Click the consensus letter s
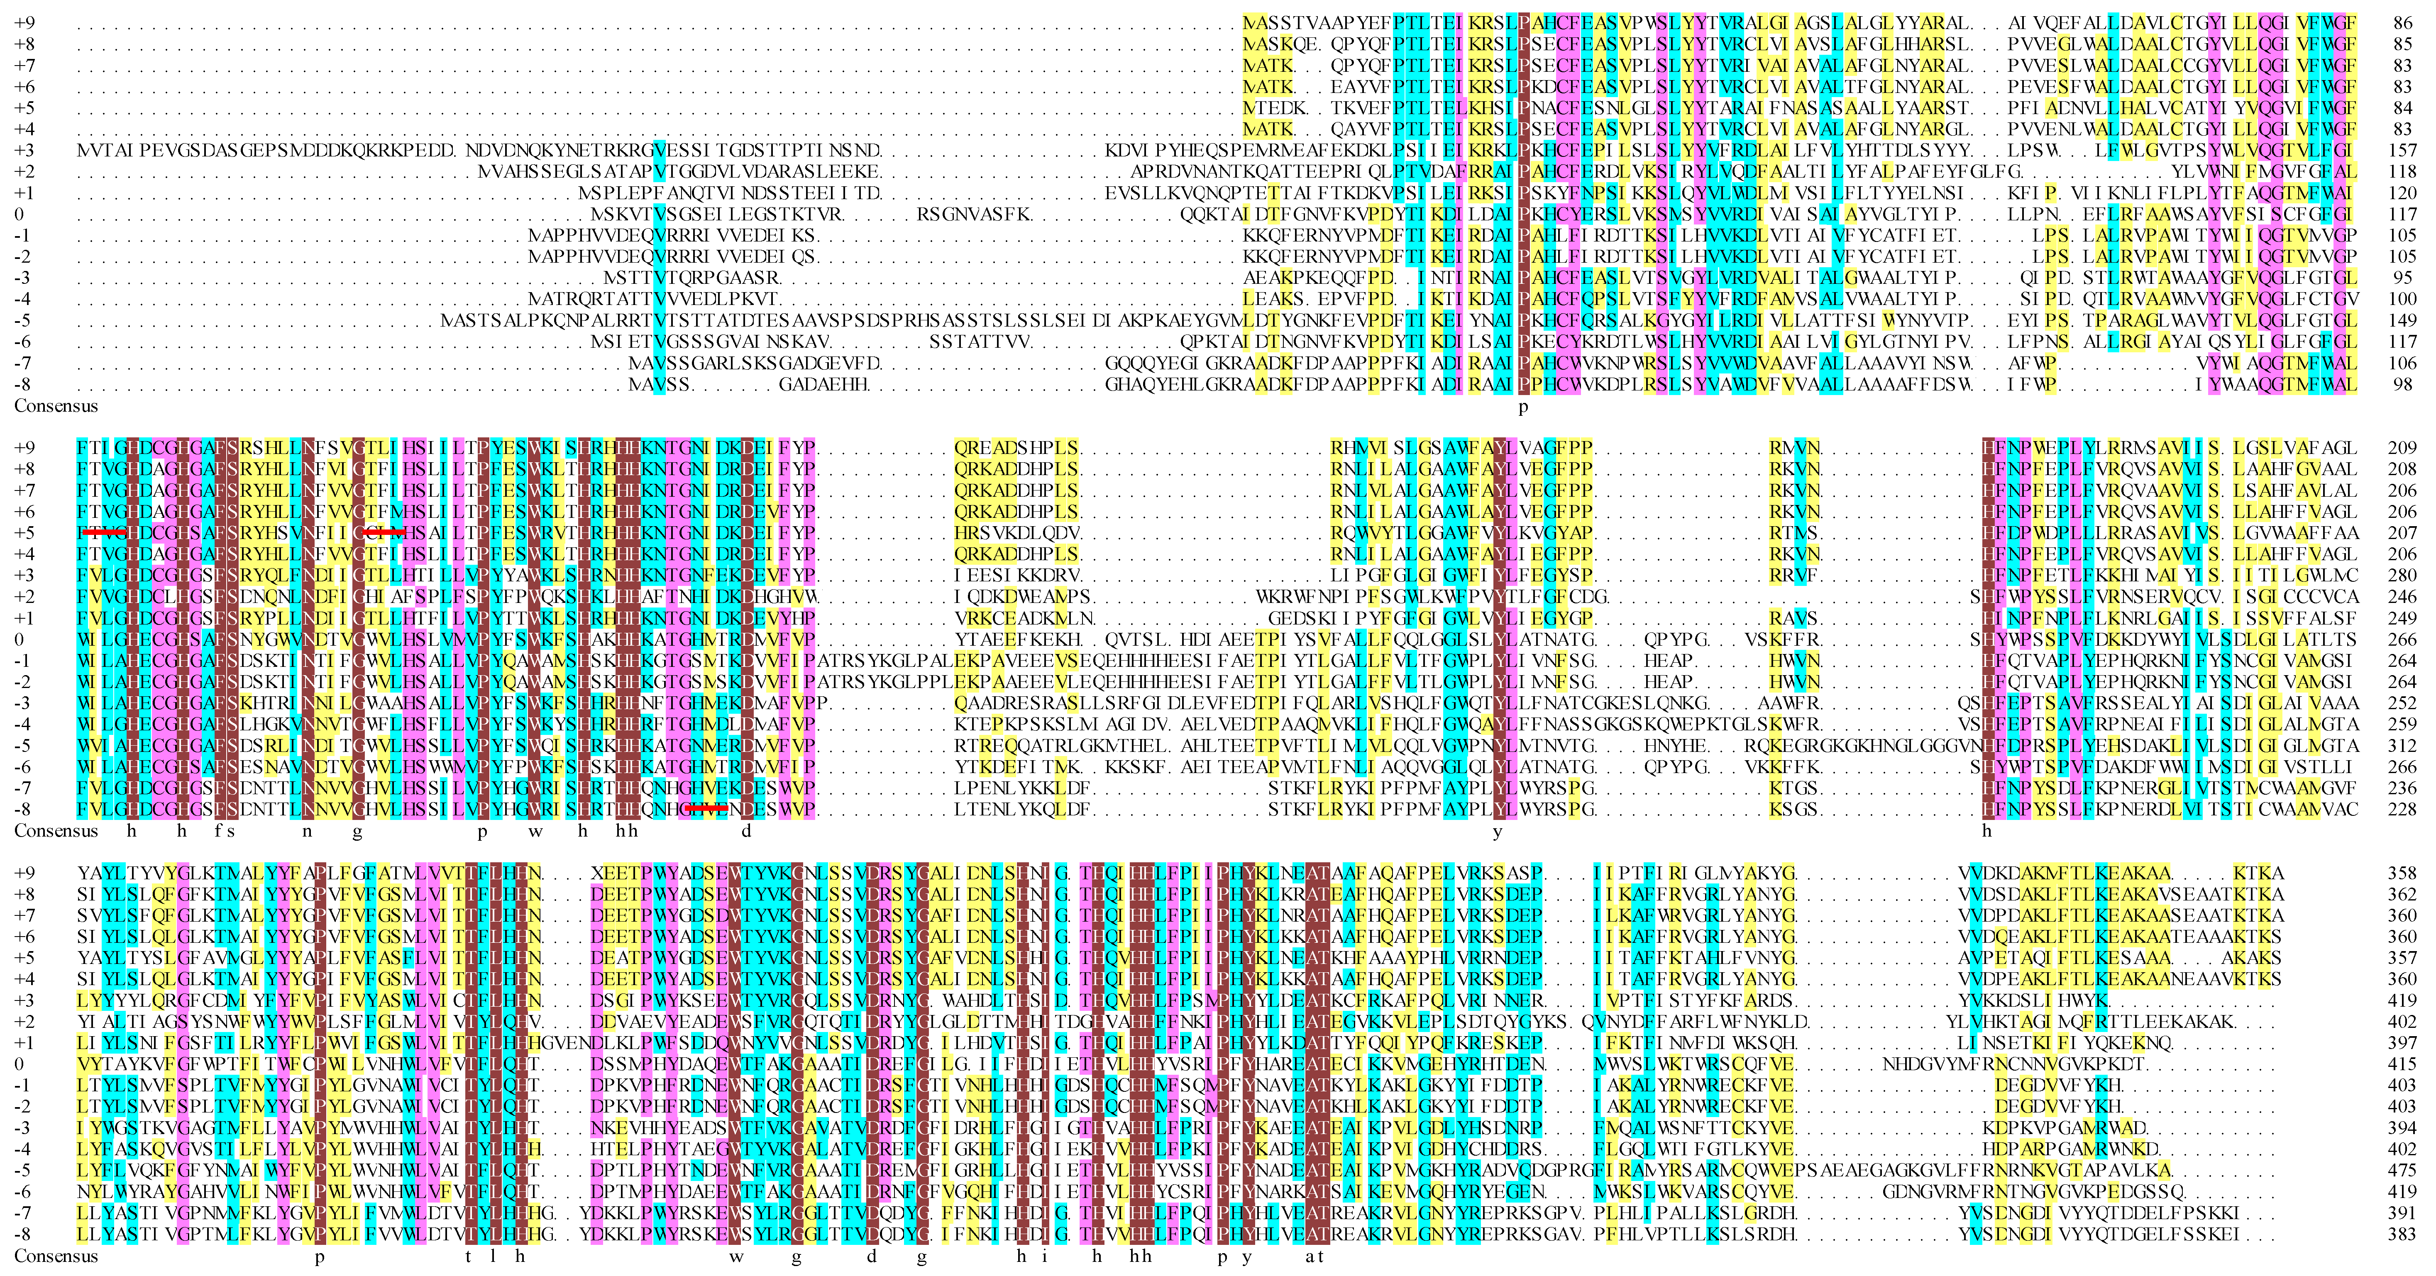coord(231,832)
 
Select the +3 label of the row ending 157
coord(24,150)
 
